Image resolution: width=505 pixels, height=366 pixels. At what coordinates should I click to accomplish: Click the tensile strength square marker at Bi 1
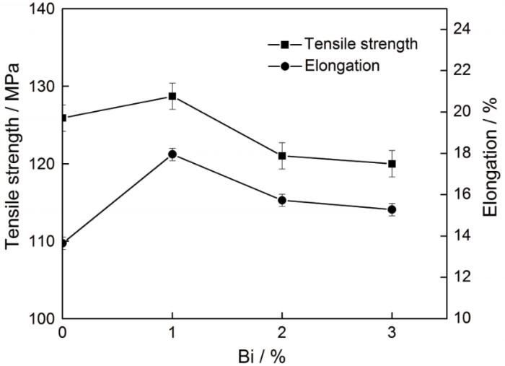[172, 96]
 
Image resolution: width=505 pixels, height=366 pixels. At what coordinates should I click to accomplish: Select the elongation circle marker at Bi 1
[172, 154]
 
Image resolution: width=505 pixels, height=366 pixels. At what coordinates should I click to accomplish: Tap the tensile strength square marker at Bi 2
[282, 156]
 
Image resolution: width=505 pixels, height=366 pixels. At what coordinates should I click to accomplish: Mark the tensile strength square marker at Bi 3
[392, 164]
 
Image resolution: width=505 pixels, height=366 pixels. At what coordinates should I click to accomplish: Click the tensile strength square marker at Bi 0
[63, 118]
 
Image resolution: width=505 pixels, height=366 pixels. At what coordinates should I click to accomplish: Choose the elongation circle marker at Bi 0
[63, 243]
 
